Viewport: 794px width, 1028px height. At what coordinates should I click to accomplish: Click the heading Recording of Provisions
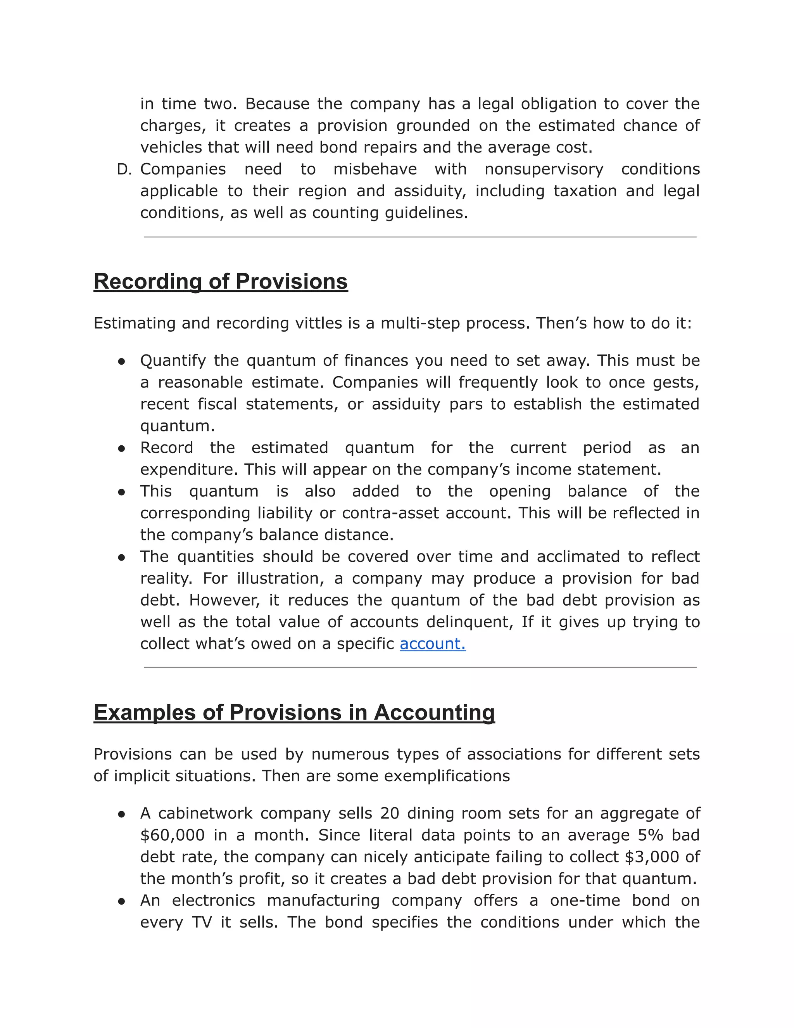click(221, 282)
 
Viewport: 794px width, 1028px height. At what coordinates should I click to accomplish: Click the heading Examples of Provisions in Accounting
click(294, 712)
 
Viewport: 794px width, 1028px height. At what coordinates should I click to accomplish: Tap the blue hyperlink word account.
click(432, 644)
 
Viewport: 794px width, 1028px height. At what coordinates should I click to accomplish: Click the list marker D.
click(124, 170)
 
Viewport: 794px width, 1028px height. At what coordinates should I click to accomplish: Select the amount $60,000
click(172, 835)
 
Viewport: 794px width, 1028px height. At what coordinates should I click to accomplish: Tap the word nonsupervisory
click(544, 170)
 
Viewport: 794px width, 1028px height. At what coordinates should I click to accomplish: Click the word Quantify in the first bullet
click(173, 360)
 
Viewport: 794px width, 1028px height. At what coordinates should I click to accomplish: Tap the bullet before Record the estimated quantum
click(121, 448)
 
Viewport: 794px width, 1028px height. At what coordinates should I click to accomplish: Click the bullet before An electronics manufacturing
click(121, 901)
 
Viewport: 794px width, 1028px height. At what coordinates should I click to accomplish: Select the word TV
click(202, 922)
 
